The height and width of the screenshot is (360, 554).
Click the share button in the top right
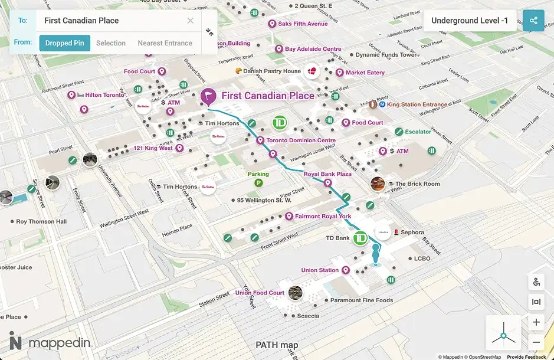[x=533, y=21]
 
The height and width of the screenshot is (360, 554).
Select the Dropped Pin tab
[x=65, y=43]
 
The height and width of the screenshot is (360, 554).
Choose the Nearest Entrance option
[x=165, y=43]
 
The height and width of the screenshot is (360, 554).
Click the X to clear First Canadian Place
[x=190, y=21]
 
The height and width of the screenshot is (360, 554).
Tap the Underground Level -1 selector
[x=470, y=21]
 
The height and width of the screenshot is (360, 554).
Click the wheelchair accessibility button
[x=536, y=282]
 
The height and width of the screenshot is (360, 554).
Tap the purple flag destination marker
[x=208, y=96]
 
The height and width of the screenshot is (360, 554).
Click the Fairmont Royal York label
[x=323, y=217]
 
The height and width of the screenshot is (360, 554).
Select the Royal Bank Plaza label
[x=327, y=175]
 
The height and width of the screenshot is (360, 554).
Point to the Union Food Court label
[x=260, y=293]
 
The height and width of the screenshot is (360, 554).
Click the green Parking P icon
[x=258, y=184]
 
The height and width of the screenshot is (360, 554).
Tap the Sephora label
[x=412, y=233]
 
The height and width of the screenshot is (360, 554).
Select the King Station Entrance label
[x=417, y=104]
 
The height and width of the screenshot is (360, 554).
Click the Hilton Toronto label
[x=104, y=95]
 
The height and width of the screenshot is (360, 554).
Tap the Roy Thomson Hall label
[x=41, y=222]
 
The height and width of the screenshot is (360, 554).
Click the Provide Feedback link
[x=526, y=357]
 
